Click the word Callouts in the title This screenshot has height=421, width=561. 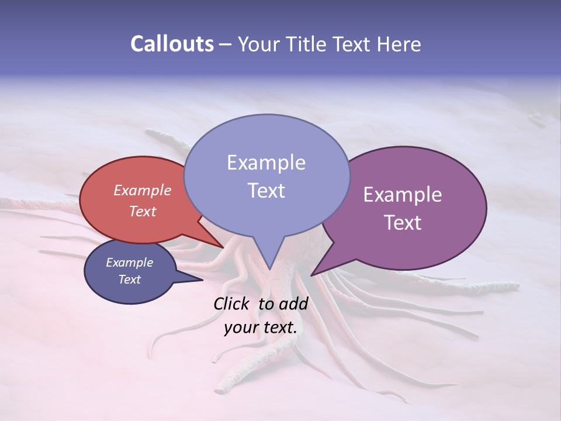172,44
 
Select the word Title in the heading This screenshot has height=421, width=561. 311,44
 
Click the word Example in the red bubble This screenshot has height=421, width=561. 143,190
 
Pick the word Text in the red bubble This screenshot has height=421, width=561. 143,211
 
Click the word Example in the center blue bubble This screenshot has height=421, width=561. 266,163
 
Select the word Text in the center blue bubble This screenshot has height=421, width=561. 266,191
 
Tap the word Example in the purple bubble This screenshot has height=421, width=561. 403,195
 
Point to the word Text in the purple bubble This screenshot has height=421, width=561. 403,223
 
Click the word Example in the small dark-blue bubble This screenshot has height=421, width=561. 129,263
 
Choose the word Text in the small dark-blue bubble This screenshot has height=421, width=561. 129,279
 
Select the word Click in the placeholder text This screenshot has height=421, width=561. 232,303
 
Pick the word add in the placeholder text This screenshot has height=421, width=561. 293,303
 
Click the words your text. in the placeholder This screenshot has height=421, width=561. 261,327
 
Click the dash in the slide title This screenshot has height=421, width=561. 226,44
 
